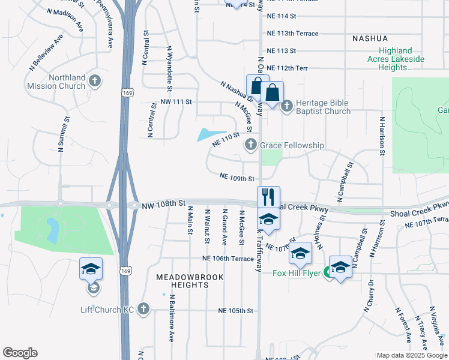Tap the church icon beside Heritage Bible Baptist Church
click(x=286, y=106)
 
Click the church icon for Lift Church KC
click(x=143, y=309)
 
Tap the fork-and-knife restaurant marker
click(x=268, y=197)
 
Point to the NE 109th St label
click(x=237, y=178)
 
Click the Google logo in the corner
click(x=20, y=353)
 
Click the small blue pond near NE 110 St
click(x=211, y=135)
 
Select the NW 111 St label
click(x=176, y=103)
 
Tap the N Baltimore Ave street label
click(x=171, y=318)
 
